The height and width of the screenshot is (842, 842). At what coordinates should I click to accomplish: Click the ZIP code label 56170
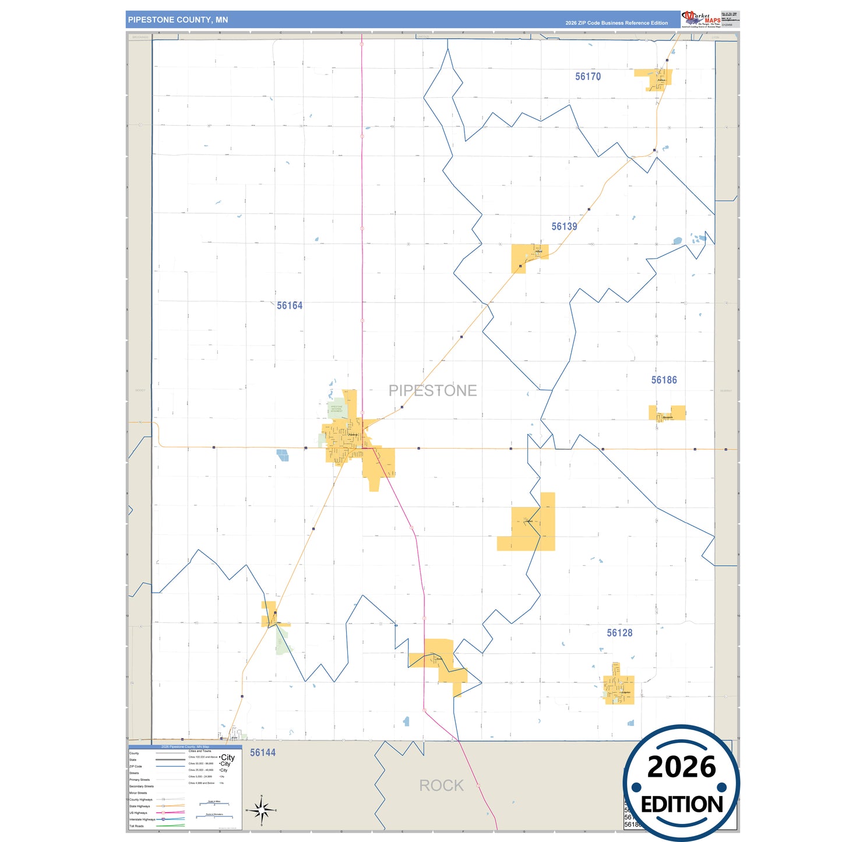(x=587, y=76)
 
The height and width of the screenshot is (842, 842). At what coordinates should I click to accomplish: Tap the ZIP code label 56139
(x=564, y=227)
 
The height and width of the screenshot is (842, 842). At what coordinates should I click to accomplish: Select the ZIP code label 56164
(x=290, y=306)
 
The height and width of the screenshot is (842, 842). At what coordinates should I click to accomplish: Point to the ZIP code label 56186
(x=664, y=380)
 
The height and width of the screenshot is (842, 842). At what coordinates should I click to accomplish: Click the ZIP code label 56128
(x=619, y=633)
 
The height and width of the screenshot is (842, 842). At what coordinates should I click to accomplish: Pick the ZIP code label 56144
(x=263, y=752)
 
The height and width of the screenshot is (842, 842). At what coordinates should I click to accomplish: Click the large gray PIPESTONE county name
(x=432, y=390)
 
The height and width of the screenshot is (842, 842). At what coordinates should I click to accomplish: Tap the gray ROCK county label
(x=441, y=785)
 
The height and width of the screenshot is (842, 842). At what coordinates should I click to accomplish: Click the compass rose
(x=262, y=810)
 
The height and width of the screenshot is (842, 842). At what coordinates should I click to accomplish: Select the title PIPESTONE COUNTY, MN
(x=178, y=20)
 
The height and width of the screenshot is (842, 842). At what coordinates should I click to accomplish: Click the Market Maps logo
(x=701, y=19)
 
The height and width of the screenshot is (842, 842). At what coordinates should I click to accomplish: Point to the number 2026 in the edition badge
(x=681, y=767)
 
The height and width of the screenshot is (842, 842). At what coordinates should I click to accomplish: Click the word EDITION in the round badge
(x=682, y=805)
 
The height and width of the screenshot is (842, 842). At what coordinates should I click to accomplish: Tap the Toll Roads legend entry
(x=136, y=826)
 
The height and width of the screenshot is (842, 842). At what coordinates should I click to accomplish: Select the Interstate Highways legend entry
(x=141, y=819)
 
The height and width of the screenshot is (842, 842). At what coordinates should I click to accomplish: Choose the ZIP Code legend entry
(x=136, y=766)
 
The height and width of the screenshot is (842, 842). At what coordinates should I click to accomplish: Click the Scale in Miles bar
(x=214, y=804)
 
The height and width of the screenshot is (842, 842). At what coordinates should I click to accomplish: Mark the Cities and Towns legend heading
(x=200, y=751)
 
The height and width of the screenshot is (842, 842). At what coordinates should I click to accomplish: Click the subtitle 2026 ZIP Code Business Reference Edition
(x=616, y=23)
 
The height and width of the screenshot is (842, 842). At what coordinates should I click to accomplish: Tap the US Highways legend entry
(x=138, y=813)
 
